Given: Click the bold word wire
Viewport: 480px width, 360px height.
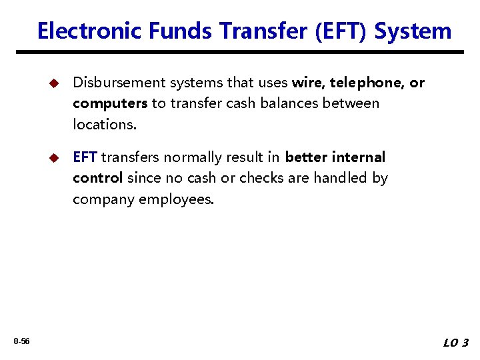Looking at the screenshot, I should pyautogui.click(x=307, y=83).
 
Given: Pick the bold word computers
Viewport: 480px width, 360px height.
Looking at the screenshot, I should pyautogui.click(x=110, y=103).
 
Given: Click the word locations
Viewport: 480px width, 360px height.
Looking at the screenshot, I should pyautogui.click(x=101, y=124).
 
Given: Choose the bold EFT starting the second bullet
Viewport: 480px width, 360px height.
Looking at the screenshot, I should pyautogui.click(x=85, y=157).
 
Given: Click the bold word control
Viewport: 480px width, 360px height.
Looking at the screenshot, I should pyautogui.click(x=97, y=178).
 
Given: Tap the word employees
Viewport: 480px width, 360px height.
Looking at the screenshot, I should pyautogui.click(x=177, y=199).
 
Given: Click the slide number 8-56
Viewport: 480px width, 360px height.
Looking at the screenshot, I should pyautogui.click(x=21, y=341).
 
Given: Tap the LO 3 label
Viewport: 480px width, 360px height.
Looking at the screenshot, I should pyautogui.click(x=456, y=343).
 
